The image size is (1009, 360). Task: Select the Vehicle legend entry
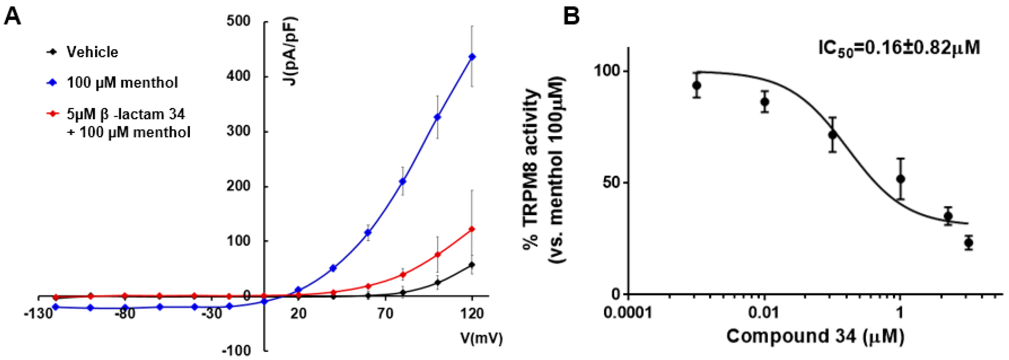click(x=92, y=52)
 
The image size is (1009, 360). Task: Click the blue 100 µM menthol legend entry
click(x=121, y=83)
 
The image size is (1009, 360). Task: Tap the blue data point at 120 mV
click(x=472, y=57)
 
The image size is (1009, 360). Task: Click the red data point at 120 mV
click(x=472, y=229)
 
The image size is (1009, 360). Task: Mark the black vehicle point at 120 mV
click(x=472, y=265)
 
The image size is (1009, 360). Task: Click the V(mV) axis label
click(x=481, y=338)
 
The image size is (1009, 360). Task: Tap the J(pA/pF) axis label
click(x=292, y=51)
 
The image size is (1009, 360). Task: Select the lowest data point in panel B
click(x=968, y=243)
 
